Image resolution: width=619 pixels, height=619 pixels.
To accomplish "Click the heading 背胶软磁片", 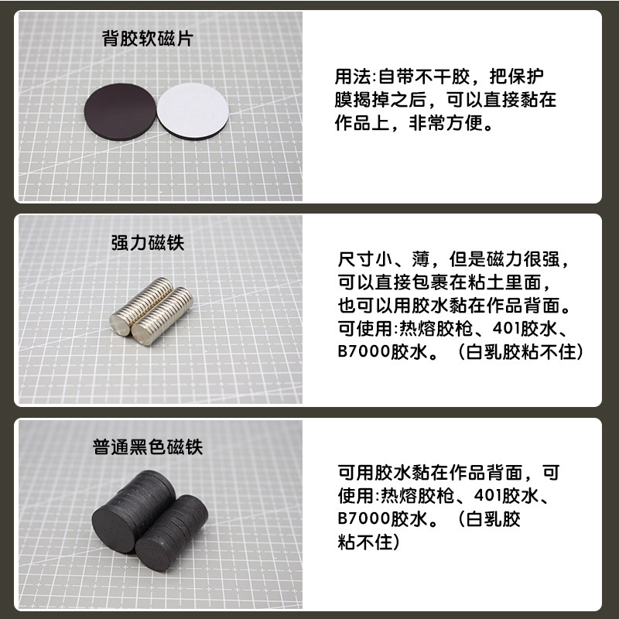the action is pos(148,39).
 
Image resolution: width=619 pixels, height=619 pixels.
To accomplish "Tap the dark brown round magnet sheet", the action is pos(121,111).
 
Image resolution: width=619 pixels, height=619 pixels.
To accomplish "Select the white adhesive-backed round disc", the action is pos(193,110).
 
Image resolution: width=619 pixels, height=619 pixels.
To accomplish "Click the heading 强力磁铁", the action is pos(148,242).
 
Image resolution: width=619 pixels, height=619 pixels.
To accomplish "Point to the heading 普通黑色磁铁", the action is pos(148,447).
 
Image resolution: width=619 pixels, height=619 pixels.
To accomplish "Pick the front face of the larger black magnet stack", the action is pos(115,528).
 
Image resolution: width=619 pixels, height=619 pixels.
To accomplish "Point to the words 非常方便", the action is pos(446,123).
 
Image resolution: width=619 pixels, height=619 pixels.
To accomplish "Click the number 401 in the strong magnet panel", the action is pos(506,328).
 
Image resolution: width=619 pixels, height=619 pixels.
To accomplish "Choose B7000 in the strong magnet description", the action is pos(364,351).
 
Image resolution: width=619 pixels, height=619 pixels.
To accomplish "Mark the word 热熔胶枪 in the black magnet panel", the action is pos(417,495).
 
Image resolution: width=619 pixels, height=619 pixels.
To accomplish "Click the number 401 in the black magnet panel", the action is pos(488,495).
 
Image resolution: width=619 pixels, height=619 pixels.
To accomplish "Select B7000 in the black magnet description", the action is pos(364,518).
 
